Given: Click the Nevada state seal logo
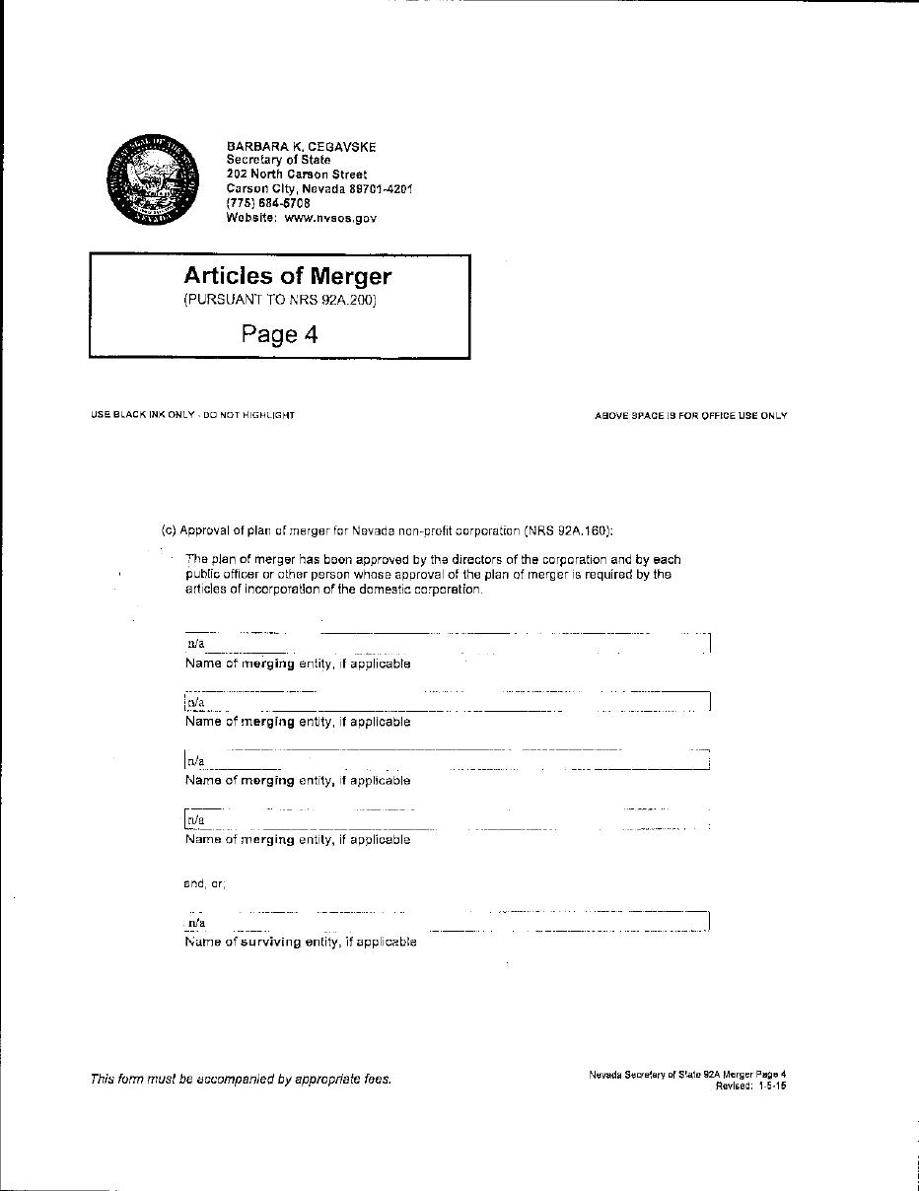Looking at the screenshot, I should [153, 181].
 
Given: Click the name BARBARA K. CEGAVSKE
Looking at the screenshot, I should [301, 147].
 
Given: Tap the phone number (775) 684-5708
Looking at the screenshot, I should [268, 203].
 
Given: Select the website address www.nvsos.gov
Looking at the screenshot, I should [330, 218].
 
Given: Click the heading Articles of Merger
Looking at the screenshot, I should [287, 276].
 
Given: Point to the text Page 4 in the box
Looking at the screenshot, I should [280, 334].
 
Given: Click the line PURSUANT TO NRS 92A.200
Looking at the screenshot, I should [280, 300].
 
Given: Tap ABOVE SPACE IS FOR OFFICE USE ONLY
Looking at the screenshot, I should [690, 416].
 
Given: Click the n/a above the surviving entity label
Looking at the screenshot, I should [196, 923].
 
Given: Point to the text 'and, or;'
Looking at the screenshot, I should [204, 883].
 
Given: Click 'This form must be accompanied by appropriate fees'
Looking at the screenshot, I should [241, 1079].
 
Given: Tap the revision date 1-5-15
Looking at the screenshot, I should [772, 1086].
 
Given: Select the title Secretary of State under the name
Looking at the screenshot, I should [278, 160].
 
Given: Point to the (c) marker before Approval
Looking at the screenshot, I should [169, 530].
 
